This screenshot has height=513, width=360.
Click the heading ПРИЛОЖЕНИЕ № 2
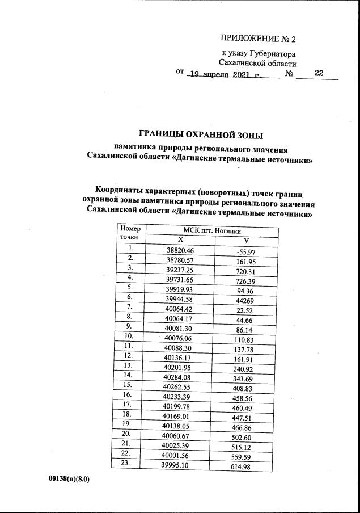tap(258, 39)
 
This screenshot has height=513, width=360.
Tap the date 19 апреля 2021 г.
tap(227, 74)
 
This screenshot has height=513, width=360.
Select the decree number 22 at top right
tap(318, 73)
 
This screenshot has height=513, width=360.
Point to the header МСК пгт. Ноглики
tap(212, 231)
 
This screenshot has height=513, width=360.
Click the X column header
tap(180, 240)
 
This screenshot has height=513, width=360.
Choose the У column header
tap(246, 241)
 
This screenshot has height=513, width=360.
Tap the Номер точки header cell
tap(130, 233)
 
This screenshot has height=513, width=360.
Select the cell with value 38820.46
tap(180, 250)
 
